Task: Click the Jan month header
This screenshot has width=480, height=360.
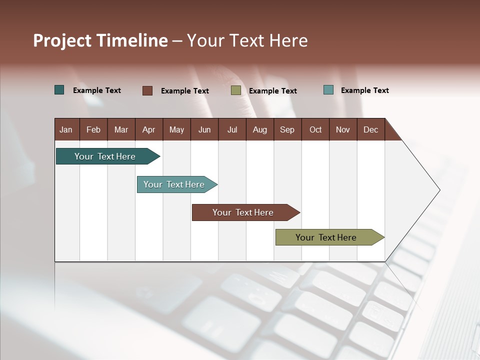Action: click(x=66, y=130)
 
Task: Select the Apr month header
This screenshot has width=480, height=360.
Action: click(x=149, y=130)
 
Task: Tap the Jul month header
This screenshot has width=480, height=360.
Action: click(x=232, y=130)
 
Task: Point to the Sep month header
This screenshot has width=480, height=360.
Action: click(x=287, y=130)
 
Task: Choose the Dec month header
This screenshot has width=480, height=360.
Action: click(x=370, y=130)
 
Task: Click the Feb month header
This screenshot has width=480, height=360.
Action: click(x=93, y=130)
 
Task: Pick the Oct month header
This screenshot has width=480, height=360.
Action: click(x=315, y=130)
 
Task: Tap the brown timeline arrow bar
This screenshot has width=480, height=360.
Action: click(x=243, y=212)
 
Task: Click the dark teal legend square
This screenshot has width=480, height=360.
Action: click(x=59, y=90)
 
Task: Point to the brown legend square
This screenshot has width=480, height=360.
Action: click(x=147, y=90)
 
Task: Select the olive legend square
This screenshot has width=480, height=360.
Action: click(x=236, y=90)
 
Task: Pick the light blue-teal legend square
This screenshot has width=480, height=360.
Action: click(x=328, y=90)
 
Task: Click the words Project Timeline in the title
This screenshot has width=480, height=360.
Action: click(x=100, y=40)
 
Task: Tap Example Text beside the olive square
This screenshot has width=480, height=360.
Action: click(x=272, y=91)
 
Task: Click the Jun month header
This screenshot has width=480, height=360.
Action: click(x=204, y=130)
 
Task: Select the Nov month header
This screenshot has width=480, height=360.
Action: click(x=343, y=130)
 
